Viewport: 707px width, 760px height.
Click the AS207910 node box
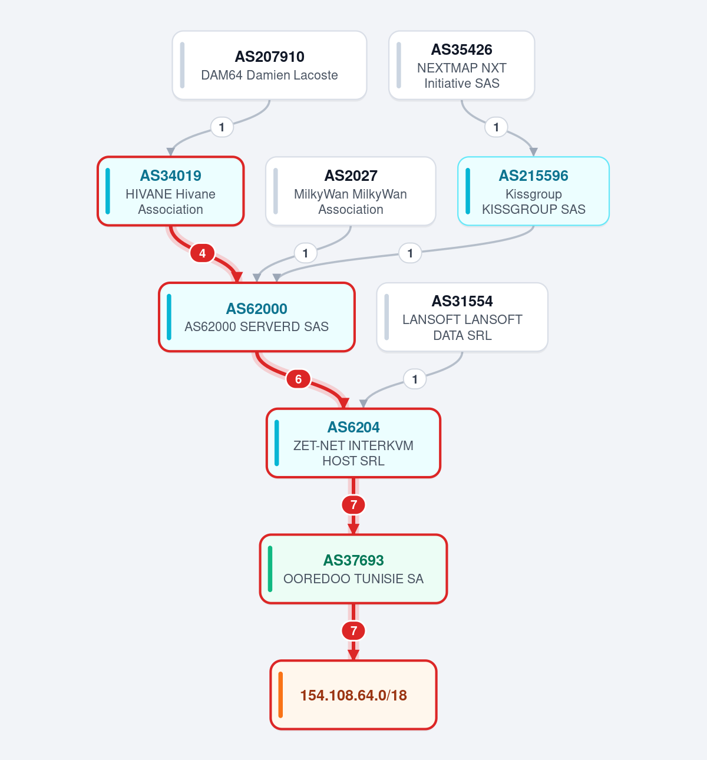tap(269, 65)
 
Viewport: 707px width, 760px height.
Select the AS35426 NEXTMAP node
tap(462, 65)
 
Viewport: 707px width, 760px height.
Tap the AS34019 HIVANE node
tap(171, 191)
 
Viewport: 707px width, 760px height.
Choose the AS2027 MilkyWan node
tap(351, 191)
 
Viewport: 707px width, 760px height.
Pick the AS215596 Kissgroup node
tap(534, 191)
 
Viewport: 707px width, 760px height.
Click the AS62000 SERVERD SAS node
tap(257, 317)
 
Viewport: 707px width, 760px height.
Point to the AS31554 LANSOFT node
tap(462, 317)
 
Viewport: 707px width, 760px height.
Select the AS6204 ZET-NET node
tap(353, 443)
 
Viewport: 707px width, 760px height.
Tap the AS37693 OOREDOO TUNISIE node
tap(353, 569)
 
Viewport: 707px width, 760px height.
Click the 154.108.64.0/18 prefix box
tap(353, 695)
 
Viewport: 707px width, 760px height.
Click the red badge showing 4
tap(203, 253)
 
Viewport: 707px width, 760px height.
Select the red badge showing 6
tap(299, 379)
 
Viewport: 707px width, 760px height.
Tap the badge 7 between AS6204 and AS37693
tap(353, 505)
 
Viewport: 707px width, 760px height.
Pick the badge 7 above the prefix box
tap(353, 630)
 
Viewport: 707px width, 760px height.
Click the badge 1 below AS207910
tap(222, 127)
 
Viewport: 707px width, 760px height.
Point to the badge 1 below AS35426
tap(496, 127)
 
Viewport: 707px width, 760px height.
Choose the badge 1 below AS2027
tap(305, 253)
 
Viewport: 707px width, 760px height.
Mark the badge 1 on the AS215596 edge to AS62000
tap(410, 253)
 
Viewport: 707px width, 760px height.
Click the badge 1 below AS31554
tap(415, 379)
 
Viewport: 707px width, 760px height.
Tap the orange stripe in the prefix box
tap(280, 695)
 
